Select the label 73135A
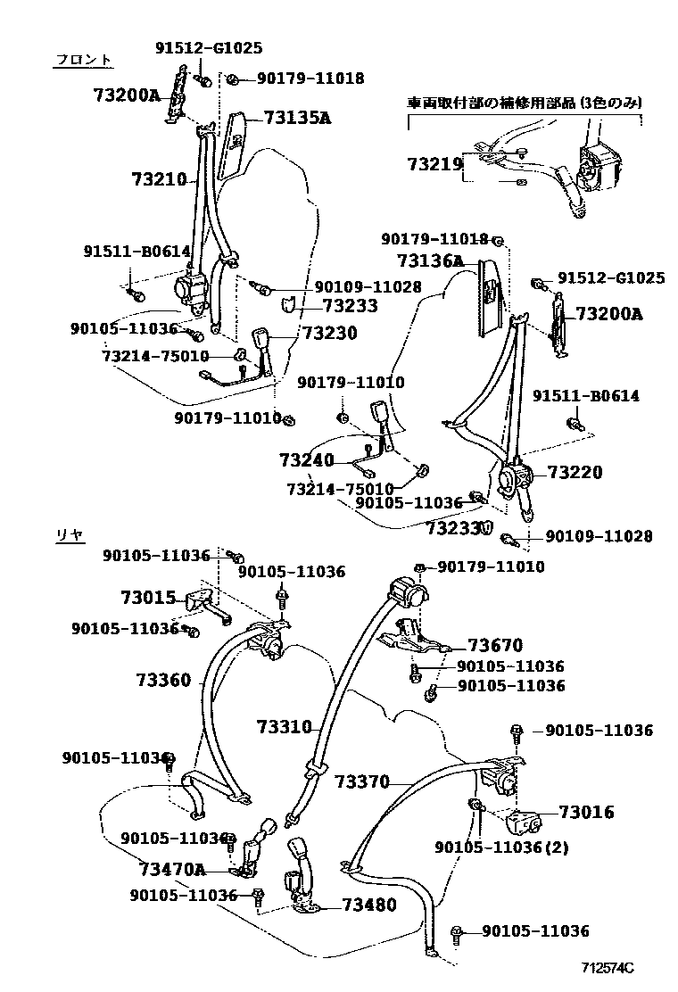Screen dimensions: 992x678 click(297, 117)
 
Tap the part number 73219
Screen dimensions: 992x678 click(435, 164)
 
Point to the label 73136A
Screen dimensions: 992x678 click(431, 260)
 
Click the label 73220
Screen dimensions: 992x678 click(575, 473)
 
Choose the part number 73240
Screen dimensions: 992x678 click(306, 461)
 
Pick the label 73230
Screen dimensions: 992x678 click(329, 333)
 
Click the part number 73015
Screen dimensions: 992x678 click(148, 598)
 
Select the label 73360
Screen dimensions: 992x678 click(163, 680)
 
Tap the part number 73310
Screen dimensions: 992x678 click(285, 727)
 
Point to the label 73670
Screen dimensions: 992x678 click(495, 645)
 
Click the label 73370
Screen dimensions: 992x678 click(362, 782)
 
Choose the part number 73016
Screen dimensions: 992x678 click(586, 812)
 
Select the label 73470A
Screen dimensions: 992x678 click(172, 869)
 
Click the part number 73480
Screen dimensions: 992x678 click(368, 905)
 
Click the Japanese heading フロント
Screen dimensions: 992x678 click(84, 60)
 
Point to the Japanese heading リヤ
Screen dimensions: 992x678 click(70, 534)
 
